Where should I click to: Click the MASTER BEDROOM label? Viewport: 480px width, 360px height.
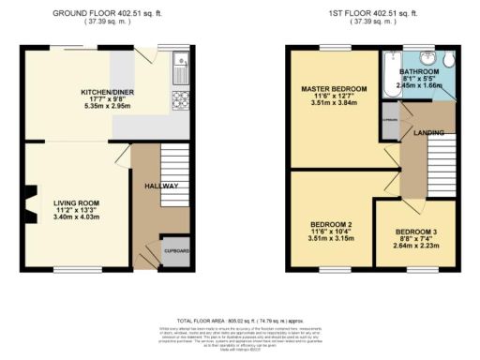[x=333, y=89]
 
